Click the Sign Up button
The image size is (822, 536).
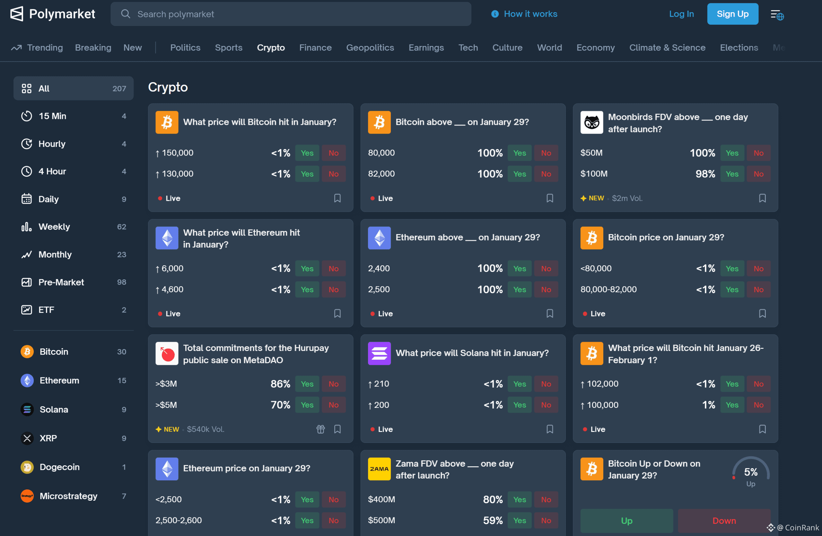pyautogui.click(x=732, y=14)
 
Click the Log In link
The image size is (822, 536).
pyautogui.click(x=681, y=14)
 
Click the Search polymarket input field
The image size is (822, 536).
pyautogui.click(x=290, y=14)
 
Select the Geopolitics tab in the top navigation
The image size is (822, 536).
pyautogui.click(x=370, y=48)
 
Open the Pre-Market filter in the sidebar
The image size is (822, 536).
pyautogui.click(x=61, y=282)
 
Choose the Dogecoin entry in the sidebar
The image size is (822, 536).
pyautogui.click(x=59, y=467)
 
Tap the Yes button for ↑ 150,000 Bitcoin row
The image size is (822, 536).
pyautogui.click(x=307, y=153)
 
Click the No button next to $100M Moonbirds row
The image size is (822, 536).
pyautogui.click(x=758, y=174)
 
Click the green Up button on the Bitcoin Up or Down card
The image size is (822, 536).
pyautogui.click(x=626, y=521)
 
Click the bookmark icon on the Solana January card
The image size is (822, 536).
pyautogui.click(x=549, y=429)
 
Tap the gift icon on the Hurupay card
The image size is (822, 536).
pyautogui.click(x=320, y=429)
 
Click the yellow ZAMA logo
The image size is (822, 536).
pyautogui.click(x=379, y=469)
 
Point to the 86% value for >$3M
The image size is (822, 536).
pyautogui.click(x=280, y=384)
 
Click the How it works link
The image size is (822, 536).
pyautogui.click(x=530, y=14)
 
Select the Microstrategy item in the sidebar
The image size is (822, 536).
pyautogui.click(x=68, y=496)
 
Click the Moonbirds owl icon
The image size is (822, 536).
pyautogui.click(x=591, y=122)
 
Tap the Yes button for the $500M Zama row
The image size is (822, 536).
pyautogui.click(x=519, y=521)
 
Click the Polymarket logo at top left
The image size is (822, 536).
pyautogui.click(x=52, y=14)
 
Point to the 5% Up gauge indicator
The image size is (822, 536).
pyautogui.click(x=750, y=475)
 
